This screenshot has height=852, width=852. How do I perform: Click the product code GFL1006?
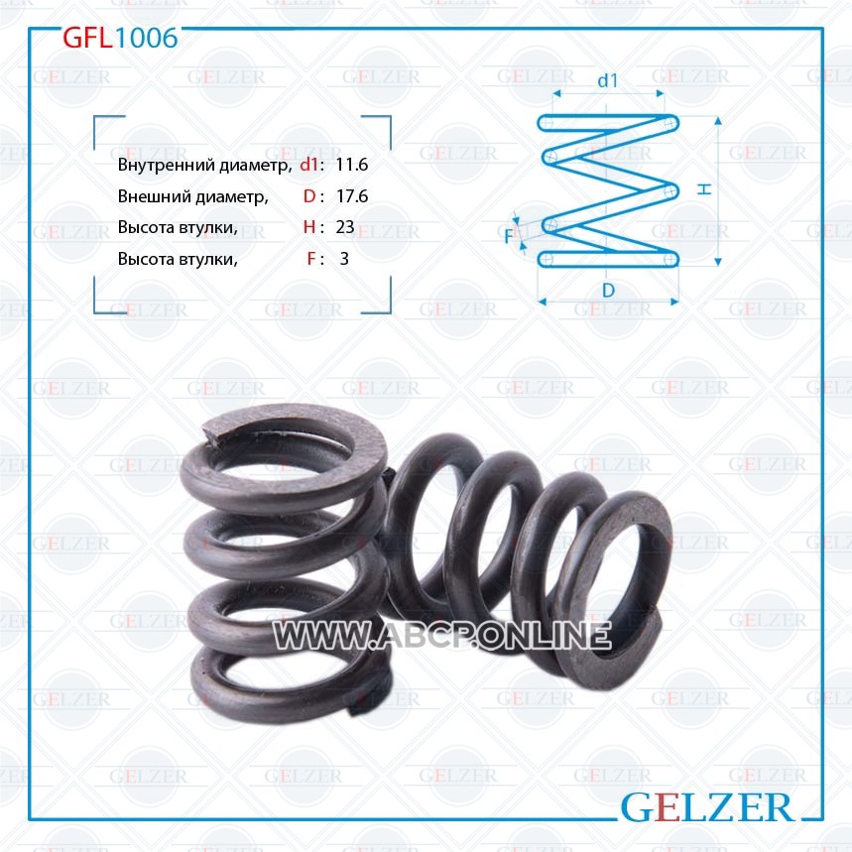[120, 38]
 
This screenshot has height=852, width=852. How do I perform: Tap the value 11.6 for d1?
[351, 164]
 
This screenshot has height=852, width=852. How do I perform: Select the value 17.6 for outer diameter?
[351, 195]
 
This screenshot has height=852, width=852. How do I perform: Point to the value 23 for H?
[345, 226]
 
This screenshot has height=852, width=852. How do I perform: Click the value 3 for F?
[344, 258]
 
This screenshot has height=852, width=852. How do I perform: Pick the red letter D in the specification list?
[309, 195]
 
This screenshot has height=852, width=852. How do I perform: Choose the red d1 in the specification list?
[308, 164]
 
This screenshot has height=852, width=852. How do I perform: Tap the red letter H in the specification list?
[309, 226]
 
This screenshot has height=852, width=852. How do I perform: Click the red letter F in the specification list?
[310, 258]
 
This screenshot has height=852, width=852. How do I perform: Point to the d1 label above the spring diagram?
[607, 80]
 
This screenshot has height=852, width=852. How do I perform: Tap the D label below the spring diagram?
[608, 291]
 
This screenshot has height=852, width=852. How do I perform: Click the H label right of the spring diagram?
[704, 188]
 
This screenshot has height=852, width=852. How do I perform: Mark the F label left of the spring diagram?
[508, 236]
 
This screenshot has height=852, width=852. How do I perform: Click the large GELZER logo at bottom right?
[706, 807]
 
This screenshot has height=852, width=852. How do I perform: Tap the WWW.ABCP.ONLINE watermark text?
[441, 635]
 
